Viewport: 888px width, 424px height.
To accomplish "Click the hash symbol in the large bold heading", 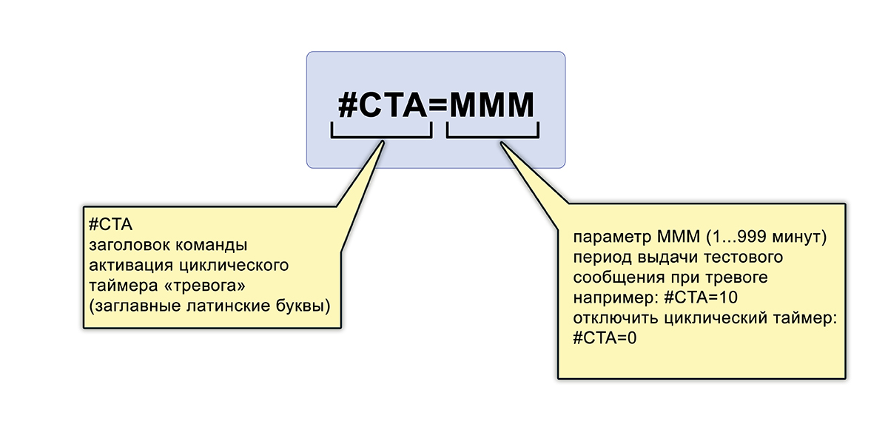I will [x=349, y=106].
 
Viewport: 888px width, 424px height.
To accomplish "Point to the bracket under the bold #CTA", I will [x=381, y=132].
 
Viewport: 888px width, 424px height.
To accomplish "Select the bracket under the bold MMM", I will [x=492, y=132].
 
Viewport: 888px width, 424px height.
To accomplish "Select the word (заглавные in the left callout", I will [x=127, y=304].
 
